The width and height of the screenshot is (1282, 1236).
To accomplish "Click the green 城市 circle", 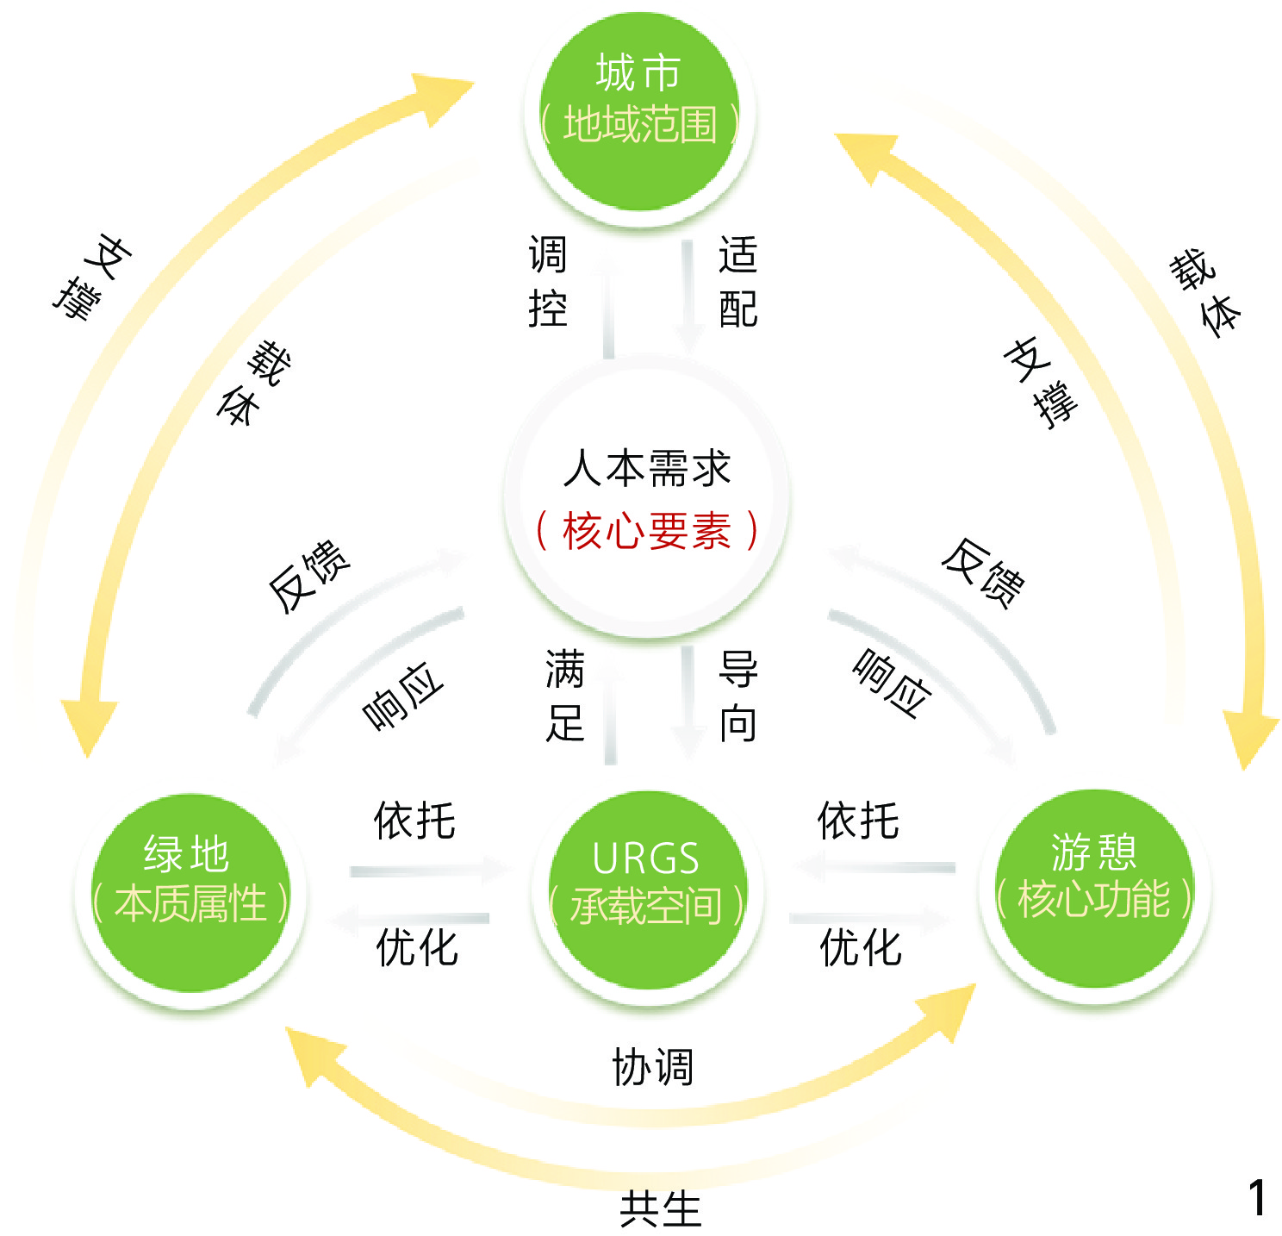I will [x=639, y=112].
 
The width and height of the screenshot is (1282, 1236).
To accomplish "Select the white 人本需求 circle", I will [x=646, y=500].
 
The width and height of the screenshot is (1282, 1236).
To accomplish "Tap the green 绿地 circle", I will [x=190, y=892].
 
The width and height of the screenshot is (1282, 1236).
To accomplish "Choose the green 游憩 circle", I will [x=1094, y=888].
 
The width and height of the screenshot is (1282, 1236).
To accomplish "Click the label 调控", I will [x=548, y=282].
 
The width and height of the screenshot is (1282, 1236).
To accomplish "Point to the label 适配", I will [x=738, y=282].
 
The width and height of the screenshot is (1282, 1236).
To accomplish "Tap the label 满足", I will [x=565, y=696].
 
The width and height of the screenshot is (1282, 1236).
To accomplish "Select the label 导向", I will [x=738, y=696].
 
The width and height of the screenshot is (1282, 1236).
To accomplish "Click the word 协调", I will [x=652, y=1067].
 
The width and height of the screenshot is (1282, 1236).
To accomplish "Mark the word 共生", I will [x=661, y=1208].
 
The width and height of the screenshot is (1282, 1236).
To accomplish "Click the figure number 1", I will [x=1257, y=1198].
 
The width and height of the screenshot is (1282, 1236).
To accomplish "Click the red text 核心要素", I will [x=646, y=531].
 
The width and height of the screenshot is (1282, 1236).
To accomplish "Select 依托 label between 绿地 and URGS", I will [x=414, y=820].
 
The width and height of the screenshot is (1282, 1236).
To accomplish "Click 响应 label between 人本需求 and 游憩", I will [x=893, y=684].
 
